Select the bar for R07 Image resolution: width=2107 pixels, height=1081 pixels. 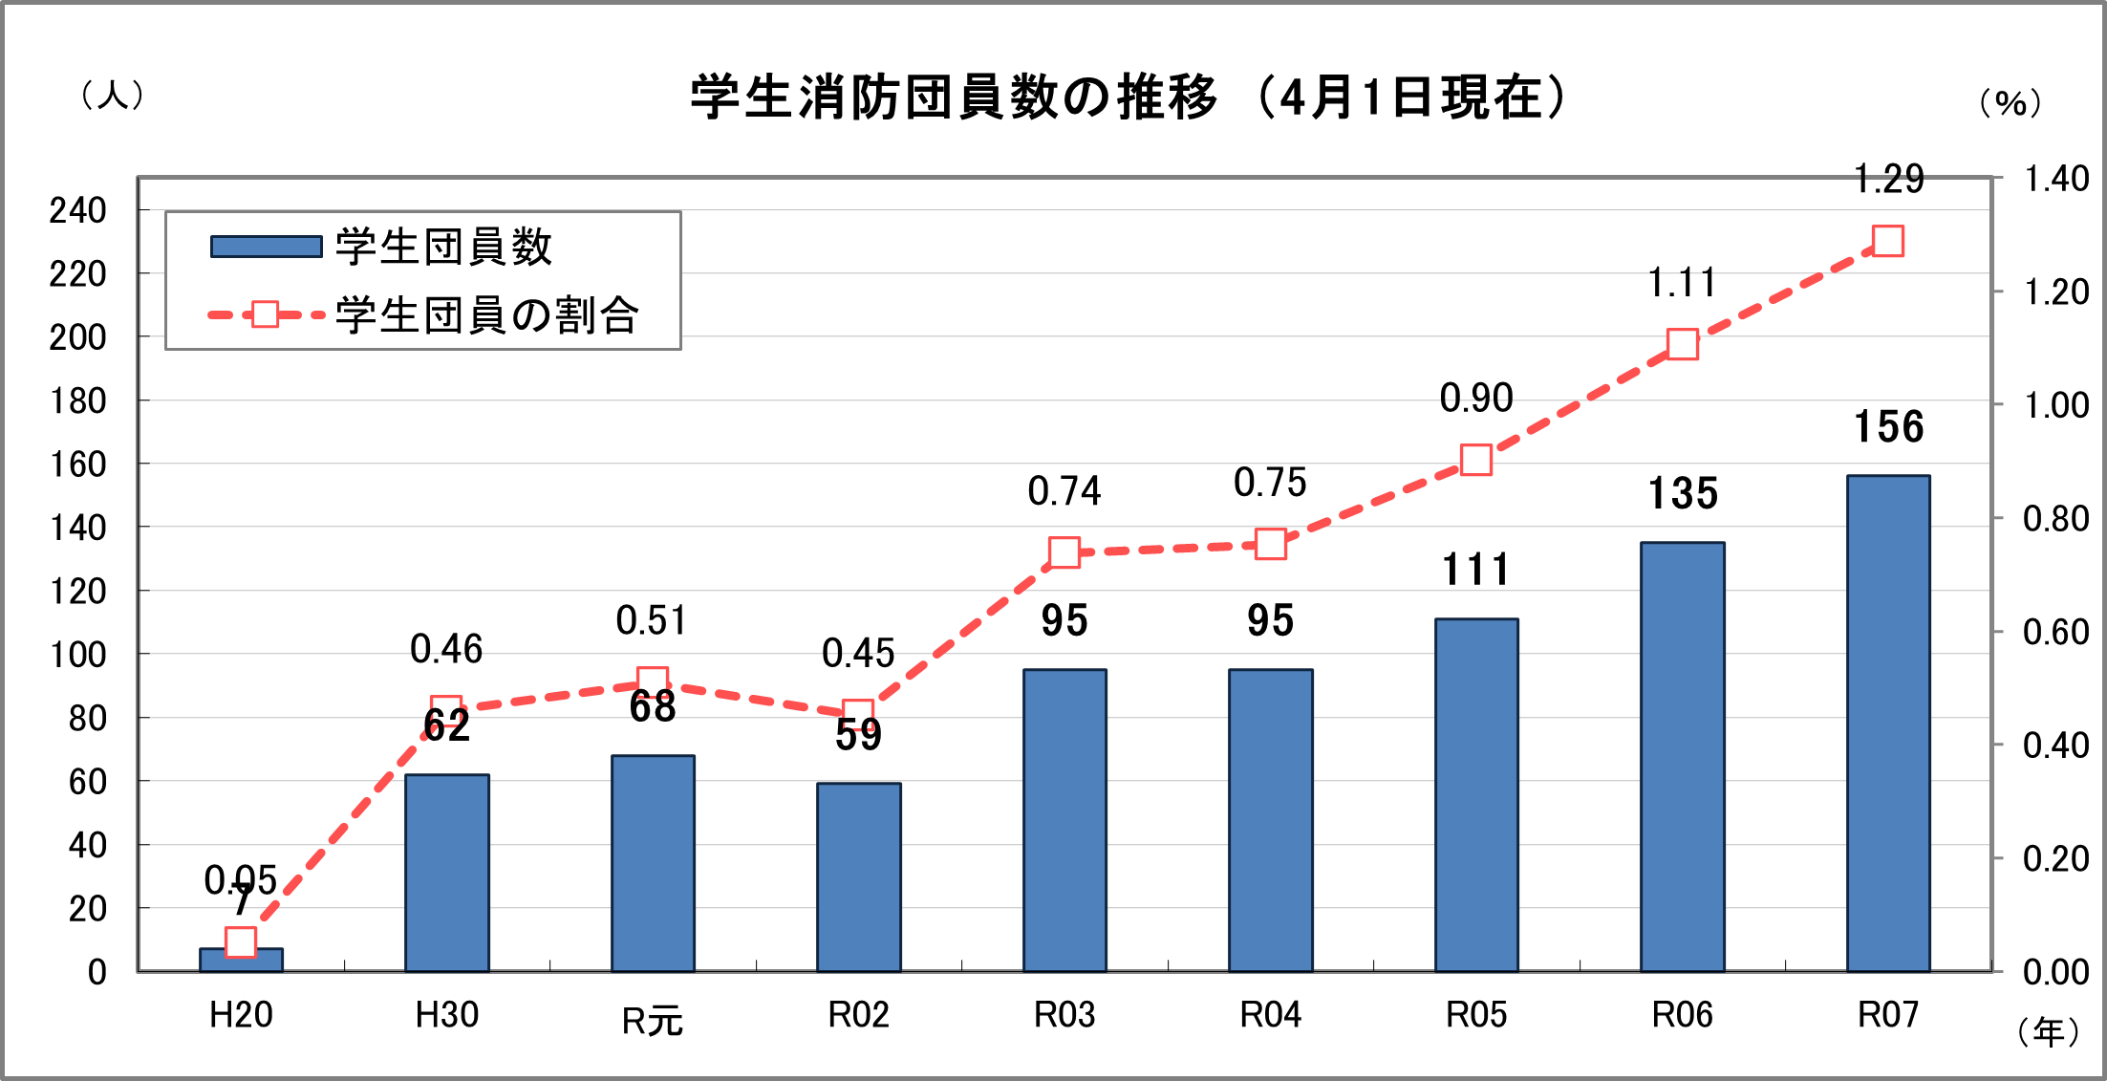pyautogui.click(x=1888, y=723)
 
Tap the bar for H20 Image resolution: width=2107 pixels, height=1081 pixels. pyautogui.click(x=241, y=960)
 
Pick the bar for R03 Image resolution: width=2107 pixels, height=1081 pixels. pyautogui.click(x=1064, y=820)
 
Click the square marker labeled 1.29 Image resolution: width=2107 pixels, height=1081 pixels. pyautogui.click(x=1888, y=241)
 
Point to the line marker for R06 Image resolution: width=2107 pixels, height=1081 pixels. pyautogui.click(x=1683, y=344)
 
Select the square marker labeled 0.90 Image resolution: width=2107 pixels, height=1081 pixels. pyautogui.click(x=1476, y=461)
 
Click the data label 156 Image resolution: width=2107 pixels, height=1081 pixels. pyautogui.click(x=1888, y=427)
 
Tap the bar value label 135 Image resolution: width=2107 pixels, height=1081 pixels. pyautogui.click(x=1683, y=494)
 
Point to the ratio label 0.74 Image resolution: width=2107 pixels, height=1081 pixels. pyautogui.click(x=1064, y=491)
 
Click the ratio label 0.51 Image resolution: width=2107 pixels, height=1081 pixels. pyautogui.click(x=652, y=621)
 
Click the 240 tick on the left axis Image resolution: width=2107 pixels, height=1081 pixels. pyautogui.click(x=78, y=210)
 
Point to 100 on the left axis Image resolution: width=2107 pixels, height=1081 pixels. pyautogui.click(x=78, y=655)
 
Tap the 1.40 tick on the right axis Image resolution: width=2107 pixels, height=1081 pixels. pyautogui.click(x=2056, y=179)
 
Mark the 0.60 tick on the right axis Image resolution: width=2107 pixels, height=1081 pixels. pyautogui.click(x=2056, y=632)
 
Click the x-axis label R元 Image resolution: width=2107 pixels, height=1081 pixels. pyautogui.click(x=652, y=1021)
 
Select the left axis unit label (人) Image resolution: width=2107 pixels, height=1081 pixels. pyautogui.click(x=113, y=95)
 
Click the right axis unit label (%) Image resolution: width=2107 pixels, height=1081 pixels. pyautogui.click(x=2010, y=102)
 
